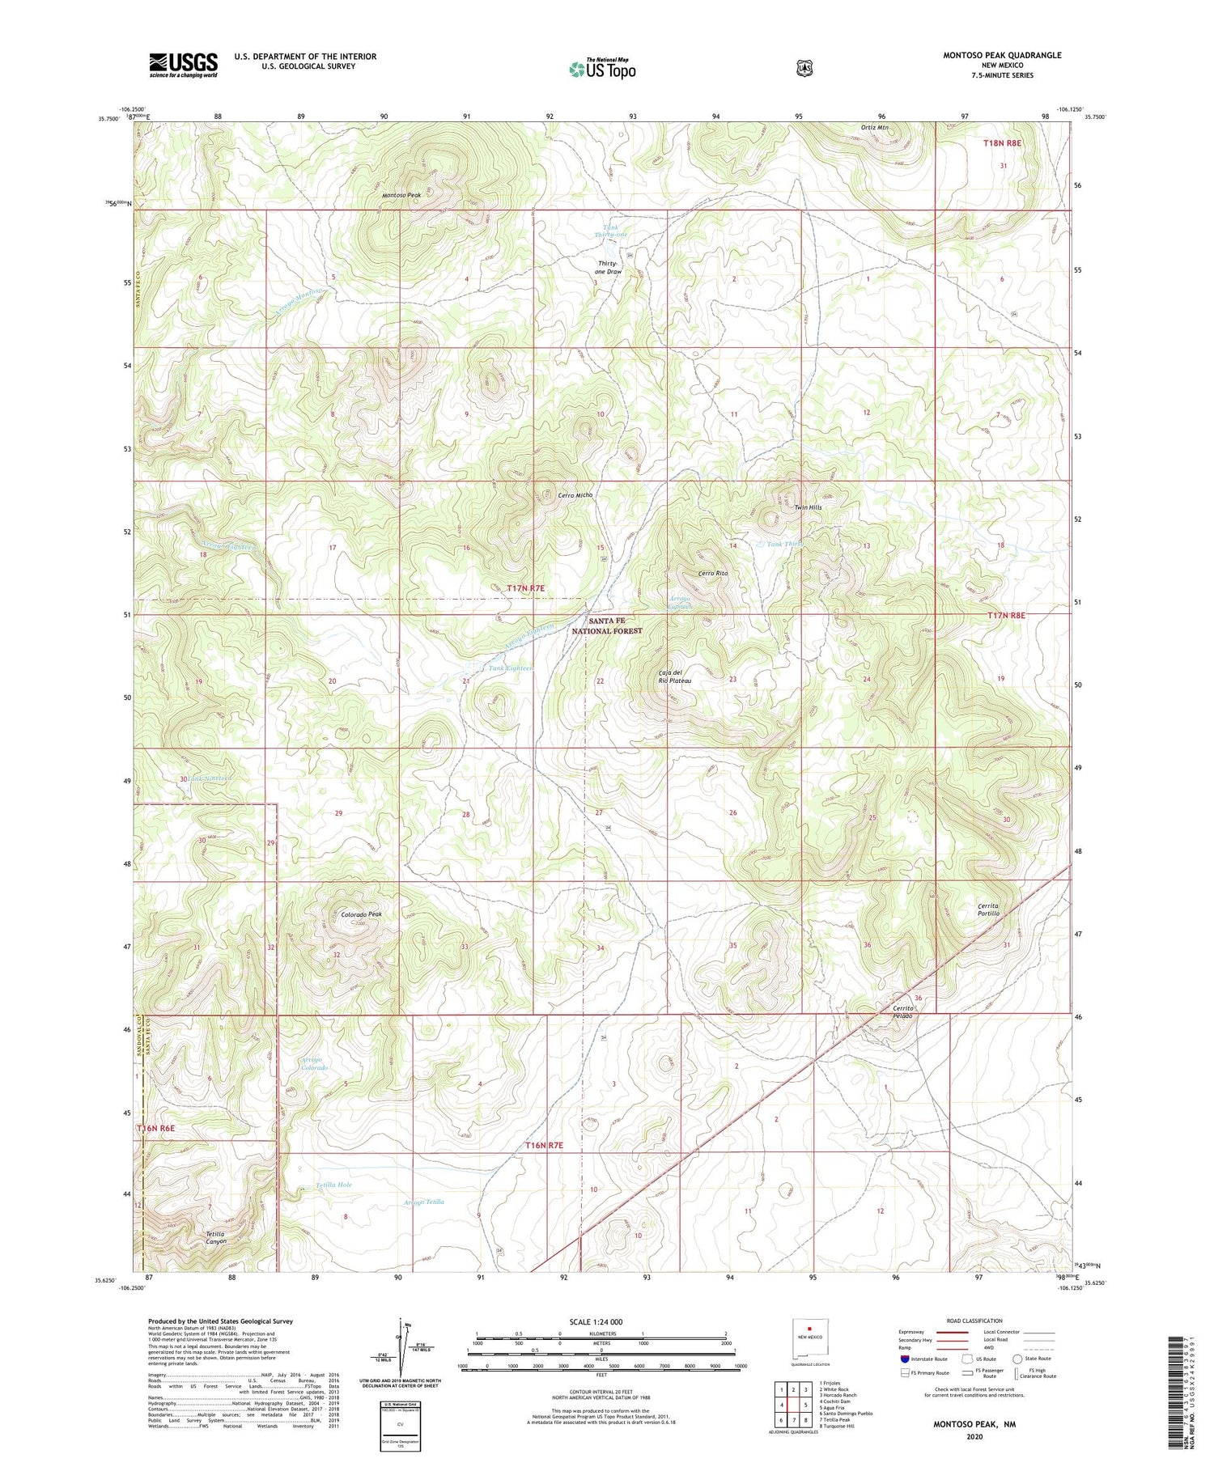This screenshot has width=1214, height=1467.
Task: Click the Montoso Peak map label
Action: pos(402,196)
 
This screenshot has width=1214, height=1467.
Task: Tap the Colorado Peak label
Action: pos(361,914)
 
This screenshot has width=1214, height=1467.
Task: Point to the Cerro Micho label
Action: pos(575,495)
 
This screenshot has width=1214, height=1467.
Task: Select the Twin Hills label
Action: pos(807,507)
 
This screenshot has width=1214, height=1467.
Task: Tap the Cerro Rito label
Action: pos(713,574)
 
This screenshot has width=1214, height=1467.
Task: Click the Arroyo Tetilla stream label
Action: pos(424,1202)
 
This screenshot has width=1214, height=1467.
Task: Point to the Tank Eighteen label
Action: pos(511,668)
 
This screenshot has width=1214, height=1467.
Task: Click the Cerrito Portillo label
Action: pos(989,909)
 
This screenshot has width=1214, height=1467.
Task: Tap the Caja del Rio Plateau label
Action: pos(674,676)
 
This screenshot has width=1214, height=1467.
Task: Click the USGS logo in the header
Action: pos(183,64)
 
